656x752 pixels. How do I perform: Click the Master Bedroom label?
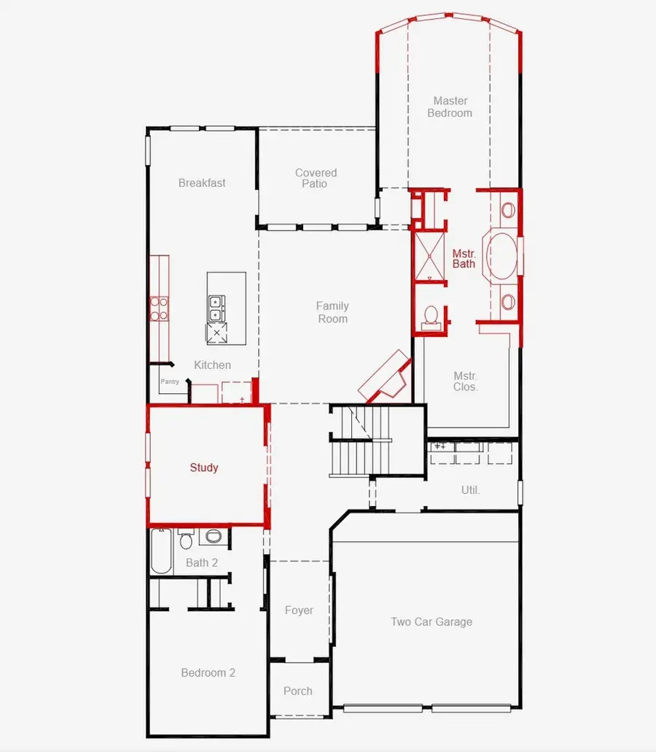pyautogui.click(x=450, y=107)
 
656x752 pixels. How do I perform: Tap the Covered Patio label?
pyautogui.click(x=316, y=178)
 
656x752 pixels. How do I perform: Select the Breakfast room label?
pyautogui.click(x=202, y=183)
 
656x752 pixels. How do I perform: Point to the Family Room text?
pyautogui.click(x=332, y=312)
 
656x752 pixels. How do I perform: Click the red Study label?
pyautogui.click(x=203, y=468)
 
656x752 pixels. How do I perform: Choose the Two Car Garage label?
pyautogui.click(x=432, y=621)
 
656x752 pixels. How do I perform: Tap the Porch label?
pyautogui.click(x=297, y=691)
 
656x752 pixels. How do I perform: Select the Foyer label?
pyautogui.click(x=299, y=610)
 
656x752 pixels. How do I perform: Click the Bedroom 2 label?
pyautogui.click(x=208, y=673)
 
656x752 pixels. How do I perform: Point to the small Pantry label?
pyautogui.click(x=170, y=381)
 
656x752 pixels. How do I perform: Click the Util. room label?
pyautogui.click(x=470, y=490)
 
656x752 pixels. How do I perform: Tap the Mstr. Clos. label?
pyautogui.click(x=465, y=381)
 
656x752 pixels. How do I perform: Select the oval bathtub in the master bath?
pyautogui.click(x=501, y=256)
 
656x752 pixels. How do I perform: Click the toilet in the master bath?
pyautogui.click(x=432, y=317)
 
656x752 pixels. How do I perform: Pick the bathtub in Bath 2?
pyautogui.click(x=162, y=551)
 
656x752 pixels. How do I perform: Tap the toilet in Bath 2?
pyautogui.click(x=186, y=539)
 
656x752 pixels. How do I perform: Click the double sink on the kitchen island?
pyautogui.click(x=216, y=309)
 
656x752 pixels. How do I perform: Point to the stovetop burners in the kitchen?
pyautogui.click(x=159, y=309)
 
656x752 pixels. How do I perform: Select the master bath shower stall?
pyautogui.click(x=429, y=256)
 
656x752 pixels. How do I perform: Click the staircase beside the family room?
pyautogui.click(x=359, y=441)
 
